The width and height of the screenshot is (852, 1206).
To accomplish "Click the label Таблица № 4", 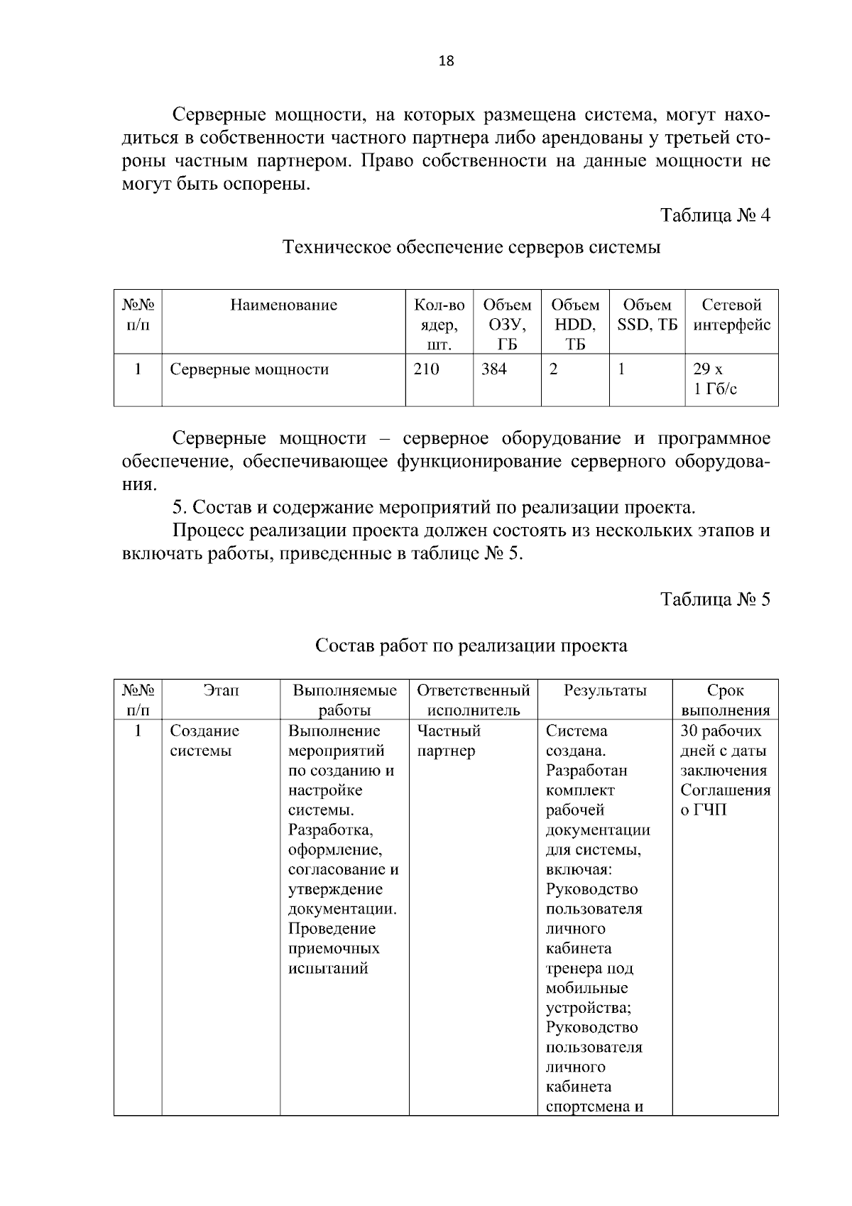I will click(x=715, y=215).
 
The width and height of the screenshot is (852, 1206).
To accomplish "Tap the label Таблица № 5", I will click(x=715, y=599).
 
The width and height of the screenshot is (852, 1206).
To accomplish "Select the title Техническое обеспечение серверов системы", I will click(x=471, y=248).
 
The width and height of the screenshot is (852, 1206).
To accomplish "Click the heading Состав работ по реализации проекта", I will click(x=471, y=646).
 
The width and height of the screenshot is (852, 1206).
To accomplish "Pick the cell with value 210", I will click(x=427, y=369).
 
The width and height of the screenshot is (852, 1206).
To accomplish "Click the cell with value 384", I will click(x=494, y=369).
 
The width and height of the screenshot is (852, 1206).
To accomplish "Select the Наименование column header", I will click(x=283, y=305).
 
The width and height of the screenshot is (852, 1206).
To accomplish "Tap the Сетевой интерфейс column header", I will click(x=731, y=315).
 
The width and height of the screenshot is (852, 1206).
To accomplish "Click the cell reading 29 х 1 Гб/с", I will click(x=715, y=379).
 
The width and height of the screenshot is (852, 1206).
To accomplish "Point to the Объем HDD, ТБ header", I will click(x=575, y=325).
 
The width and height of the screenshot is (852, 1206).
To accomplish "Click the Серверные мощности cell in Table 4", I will click(x=249, y=369).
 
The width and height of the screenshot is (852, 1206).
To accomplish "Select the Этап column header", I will click(x=221, y=690).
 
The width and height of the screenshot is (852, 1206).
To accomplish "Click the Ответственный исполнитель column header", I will click(x=474, y=700).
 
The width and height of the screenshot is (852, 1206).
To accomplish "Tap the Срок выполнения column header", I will click(x=725, y=700).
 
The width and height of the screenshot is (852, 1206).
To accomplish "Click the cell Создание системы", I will click(x=204, y=741).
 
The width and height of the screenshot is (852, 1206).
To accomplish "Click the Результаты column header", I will click(x=605, y=690).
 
